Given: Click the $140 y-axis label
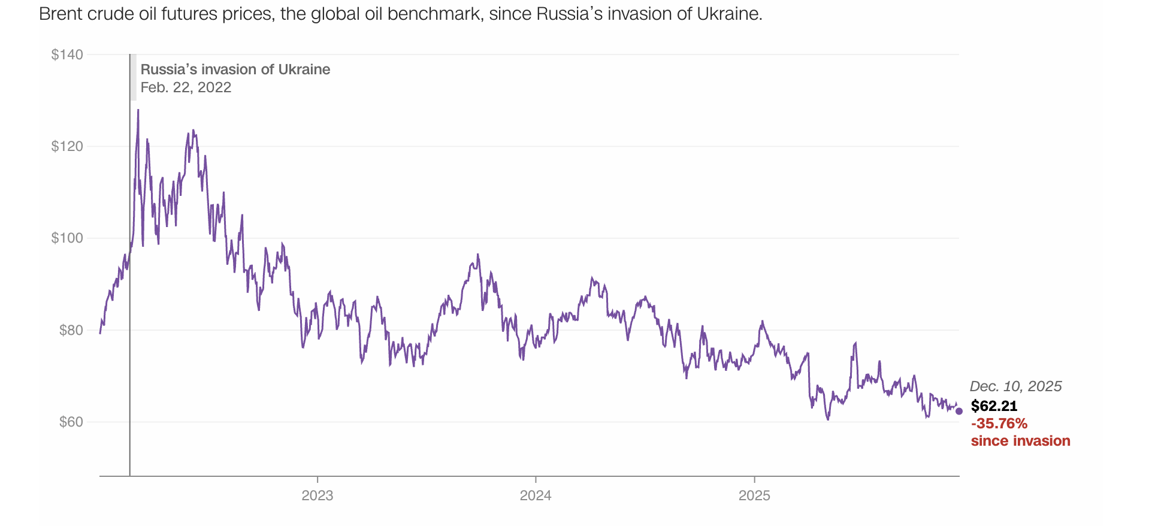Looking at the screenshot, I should click(67, 55).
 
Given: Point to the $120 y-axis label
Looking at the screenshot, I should click(67, 146).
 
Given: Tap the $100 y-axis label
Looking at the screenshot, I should click(67, 238).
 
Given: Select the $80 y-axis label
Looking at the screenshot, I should click(71, 330).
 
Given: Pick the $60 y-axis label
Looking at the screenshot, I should click(71, 422).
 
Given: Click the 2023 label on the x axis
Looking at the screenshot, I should click(317, 495).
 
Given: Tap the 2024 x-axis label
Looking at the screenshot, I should click(536, 495).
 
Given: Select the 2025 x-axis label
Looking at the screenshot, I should click(754, 495).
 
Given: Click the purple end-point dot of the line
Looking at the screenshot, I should click(958, 411).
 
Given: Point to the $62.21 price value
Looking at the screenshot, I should click(994, 406).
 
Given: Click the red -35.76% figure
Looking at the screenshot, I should click(999, 424).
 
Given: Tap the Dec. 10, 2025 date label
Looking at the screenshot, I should click(1015, 386).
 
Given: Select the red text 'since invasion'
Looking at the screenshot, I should click(1020, 441).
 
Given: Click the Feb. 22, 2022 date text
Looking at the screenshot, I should click(186, 87).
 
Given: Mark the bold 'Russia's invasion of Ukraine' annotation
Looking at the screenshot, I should click(235, 69).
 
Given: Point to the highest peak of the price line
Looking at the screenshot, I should click(138, 110).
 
